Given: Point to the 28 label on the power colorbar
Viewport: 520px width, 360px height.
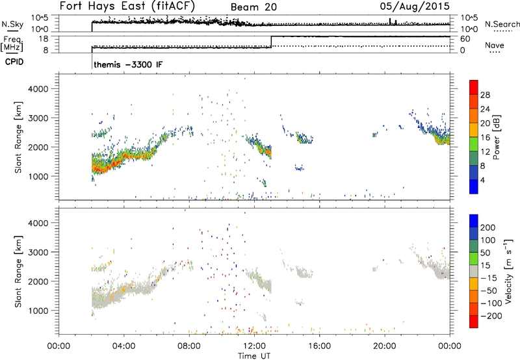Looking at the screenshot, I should pos(485,94).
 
